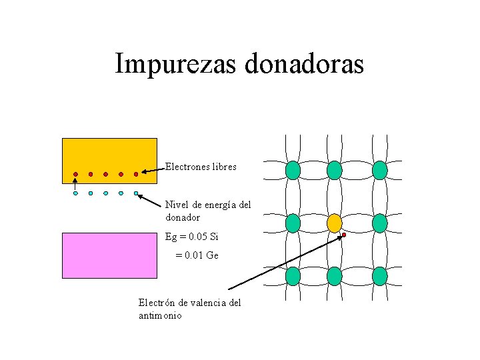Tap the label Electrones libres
coord(201,167)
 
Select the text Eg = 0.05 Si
coord(192,237)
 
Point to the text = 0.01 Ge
coord(197,255)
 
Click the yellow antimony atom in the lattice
coord(335,223)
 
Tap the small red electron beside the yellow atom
coord(344,235)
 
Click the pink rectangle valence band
coord(109,255)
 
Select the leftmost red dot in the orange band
coord(75,175)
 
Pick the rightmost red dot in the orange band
coord(136,175)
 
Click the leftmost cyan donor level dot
coord(75,193)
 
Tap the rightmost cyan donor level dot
coord(136,193)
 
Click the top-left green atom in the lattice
coord(293,171)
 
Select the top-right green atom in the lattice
coord(379,171)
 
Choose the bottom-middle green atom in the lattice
coord(335,276)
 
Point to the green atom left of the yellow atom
coord(293,223)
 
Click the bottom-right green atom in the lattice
coord(379,276)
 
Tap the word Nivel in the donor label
coord(177,205)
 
